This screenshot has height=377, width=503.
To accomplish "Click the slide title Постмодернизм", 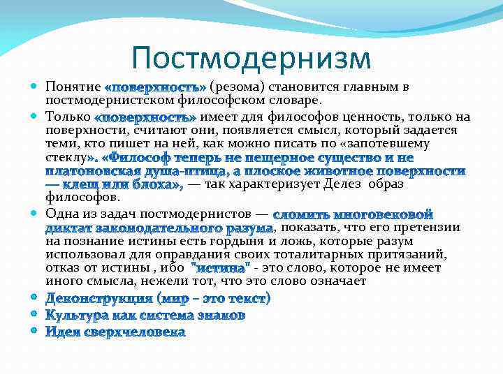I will coord(251,58).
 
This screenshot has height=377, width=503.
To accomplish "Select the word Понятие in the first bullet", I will coord(73,87).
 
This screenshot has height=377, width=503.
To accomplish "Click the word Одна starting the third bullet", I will coord(61,214).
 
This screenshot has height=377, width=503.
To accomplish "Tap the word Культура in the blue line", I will coord(73,315).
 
